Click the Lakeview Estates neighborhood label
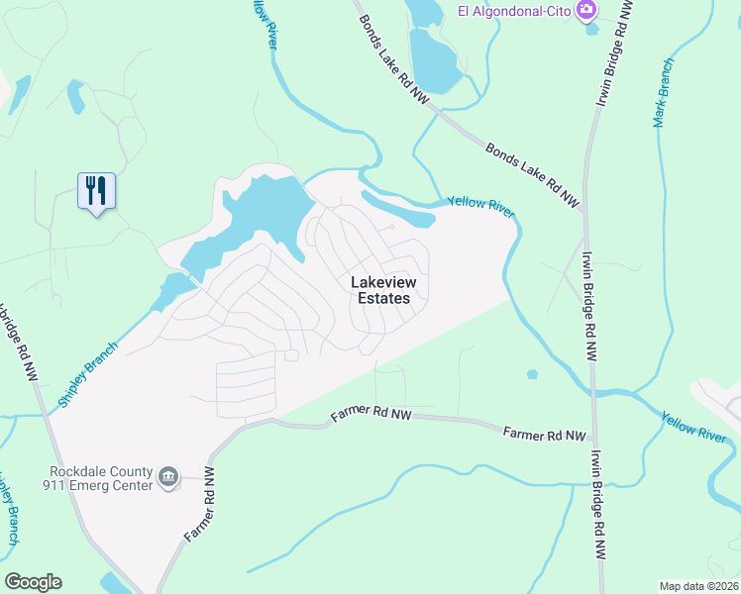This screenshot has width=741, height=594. [384, 290]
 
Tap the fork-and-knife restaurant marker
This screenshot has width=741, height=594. [96, 190]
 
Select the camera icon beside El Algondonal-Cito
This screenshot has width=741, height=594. [586, 10]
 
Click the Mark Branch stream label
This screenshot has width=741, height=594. [664, 92]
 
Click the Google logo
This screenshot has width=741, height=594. [33, 582]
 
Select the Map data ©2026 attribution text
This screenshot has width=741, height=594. [698, 586]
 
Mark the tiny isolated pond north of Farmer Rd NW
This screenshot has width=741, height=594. [533, 374]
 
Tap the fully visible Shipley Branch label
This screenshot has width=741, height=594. [87, 375]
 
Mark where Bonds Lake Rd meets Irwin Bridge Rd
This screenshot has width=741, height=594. [583, 212]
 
